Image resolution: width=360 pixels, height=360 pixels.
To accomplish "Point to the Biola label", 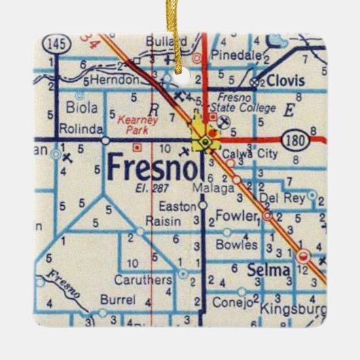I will click(82, 107).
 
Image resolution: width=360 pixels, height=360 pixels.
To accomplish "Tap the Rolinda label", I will click(81, 128).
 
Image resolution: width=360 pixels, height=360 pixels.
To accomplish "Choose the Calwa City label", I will click(253, 154).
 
